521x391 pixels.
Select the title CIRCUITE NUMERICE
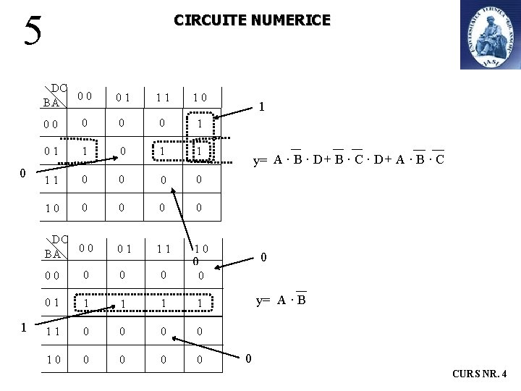tap(252, 20)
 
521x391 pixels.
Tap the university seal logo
tap(490, 35)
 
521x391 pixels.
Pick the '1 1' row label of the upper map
tap(51, 180)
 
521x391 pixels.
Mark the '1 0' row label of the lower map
tap(51, 358)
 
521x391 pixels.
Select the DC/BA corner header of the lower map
tap(55, 246)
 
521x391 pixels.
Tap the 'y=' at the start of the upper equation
tap(261, 160)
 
